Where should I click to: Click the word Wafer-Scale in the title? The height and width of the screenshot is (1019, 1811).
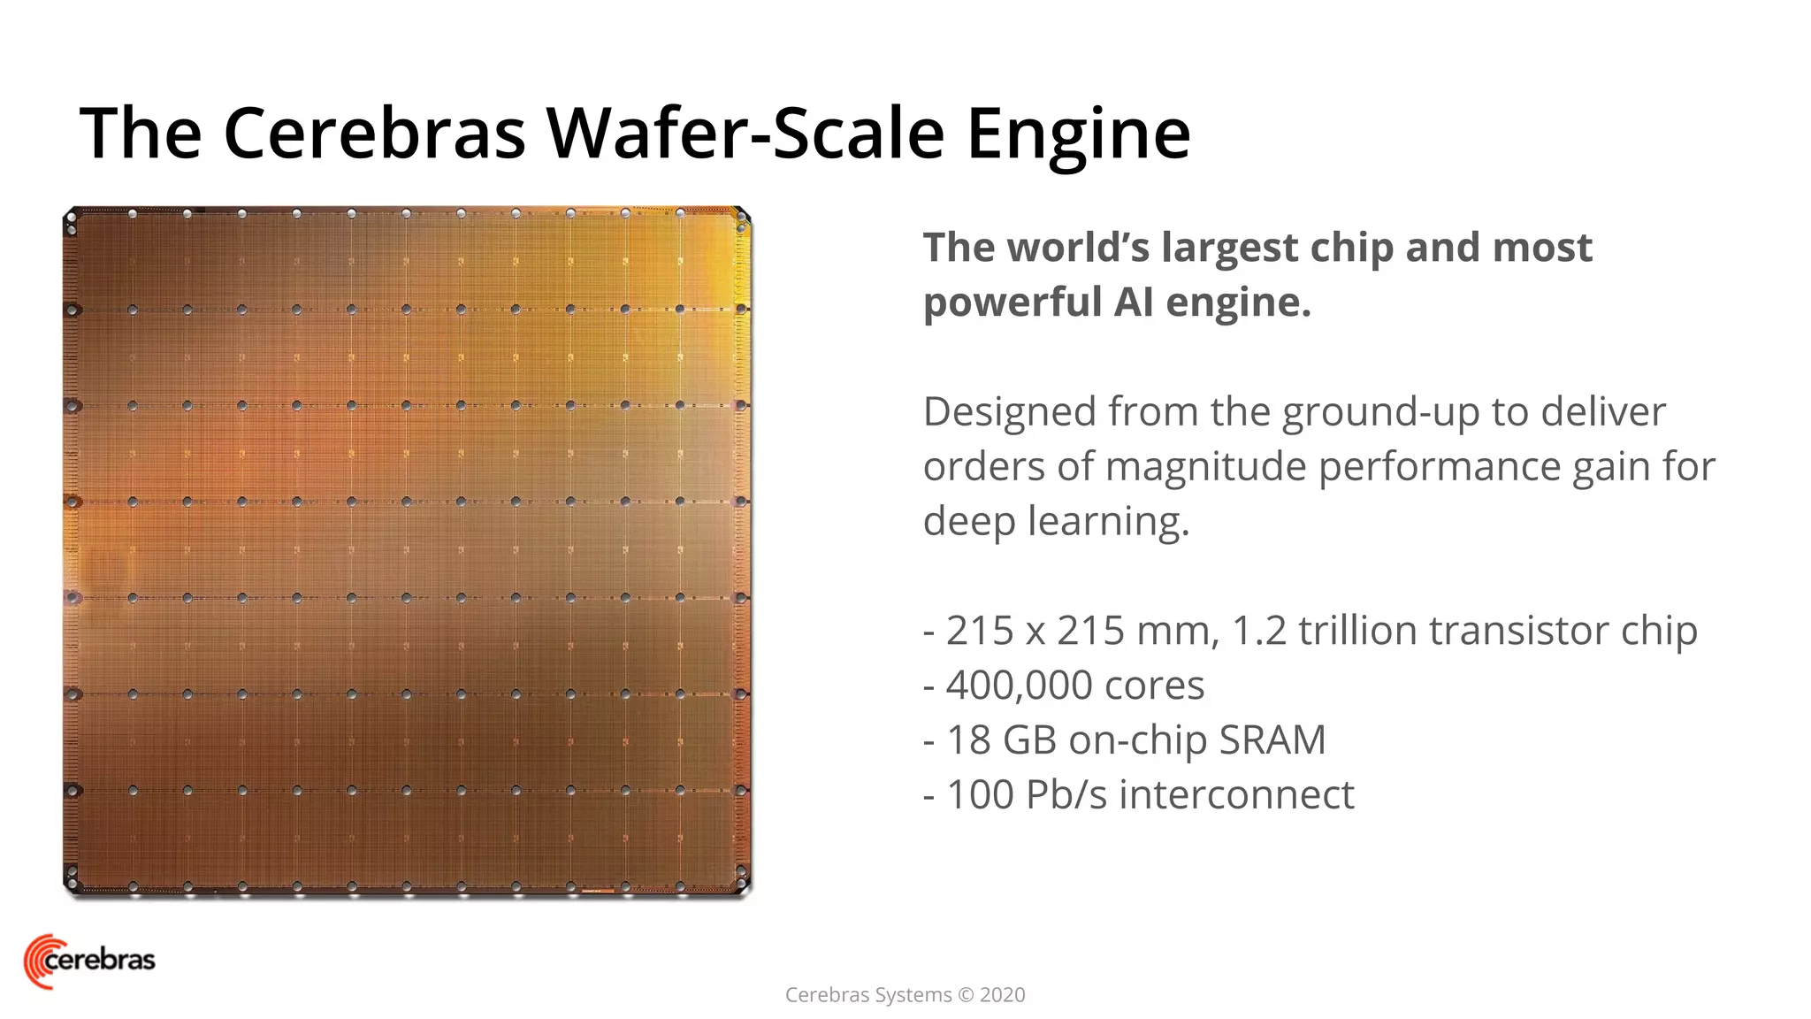(746, 134)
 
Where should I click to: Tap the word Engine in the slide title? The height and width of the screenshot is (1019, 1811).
(1078, 134)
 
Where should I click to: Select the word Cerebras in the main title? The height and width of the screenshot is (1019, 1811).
(374, 134)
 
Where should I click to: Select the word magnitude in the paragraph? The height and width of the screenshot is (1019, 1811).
(1205, 466)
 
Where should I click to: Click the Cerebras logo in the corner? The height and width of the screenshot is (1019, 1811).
(89, 961)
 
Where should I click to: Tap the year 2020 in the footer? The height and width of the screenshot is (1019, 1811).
(1003, 995)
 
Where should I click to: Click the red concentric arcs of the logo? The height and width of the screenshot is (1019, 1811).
(35, 962)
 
